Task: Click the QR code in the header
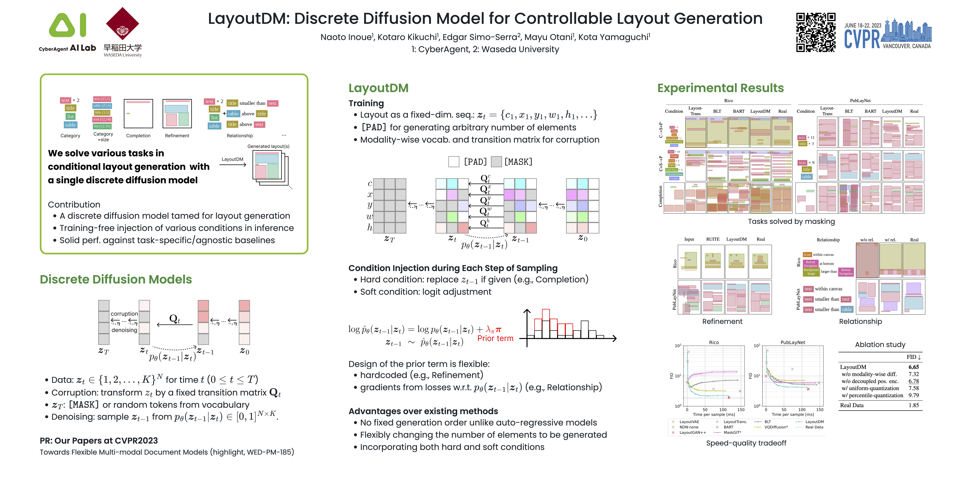point(815,32)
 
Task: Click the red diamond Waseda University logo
point(123,24)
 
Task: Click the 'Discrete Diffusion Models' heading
point(116,279)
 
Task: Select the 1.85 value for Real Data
point(913,405)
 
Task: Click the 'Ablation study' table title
point(880,344)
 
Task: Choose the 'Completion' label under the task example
point(138,136)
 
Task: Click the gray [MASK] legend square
point(496,162)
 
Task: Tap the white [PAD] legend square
point(454,162)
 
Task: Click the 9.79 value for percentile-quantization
point(913,395)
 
